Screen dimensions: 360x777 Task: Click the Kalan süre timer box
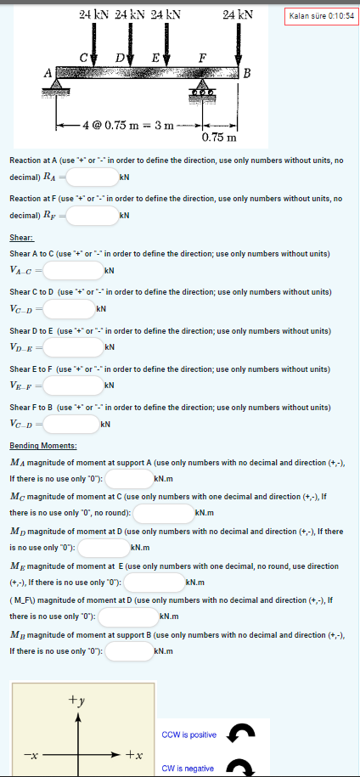click(x=322, y=16)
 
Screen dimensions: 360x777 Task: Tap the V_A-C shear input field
click(x=73, y=270)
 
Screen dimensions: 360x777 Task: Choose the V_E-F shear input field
click(x=73, y=386)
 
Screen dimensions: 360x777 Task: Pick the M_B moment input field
click(x=128, y=650)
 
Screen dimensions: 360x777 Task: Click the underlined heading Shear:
click(x=21, y=239)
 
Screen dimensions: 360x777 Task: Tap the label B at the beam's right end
click(x=247, y=72)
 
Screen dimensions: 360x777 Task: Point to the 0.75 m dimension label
click(x=219, y=137)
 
